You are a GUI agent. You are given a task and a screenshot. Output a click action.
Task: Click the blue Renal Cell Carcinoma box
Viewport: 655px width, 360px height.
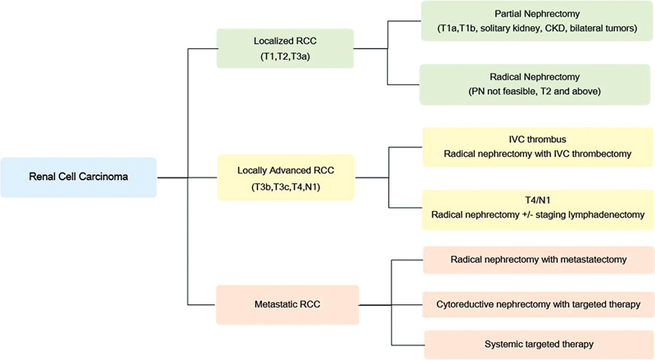[x=79, y=177]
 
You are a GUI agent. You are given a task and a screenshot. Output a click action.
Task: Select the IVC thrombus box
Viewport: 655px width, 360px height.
[x=537, y=147]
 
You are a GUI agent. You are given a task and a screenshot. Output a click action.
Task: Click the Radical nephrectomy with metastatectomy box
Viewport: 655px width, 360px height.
[x=537, y=259]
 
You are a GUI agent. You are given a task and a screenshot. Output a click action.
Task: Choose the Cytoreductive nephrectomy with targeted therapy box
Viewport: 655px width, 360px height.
[x=537, y=304]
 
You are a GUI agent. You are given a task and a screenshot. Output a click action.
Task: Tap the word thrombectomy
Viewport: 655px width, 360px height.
[x=598, y=154]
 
